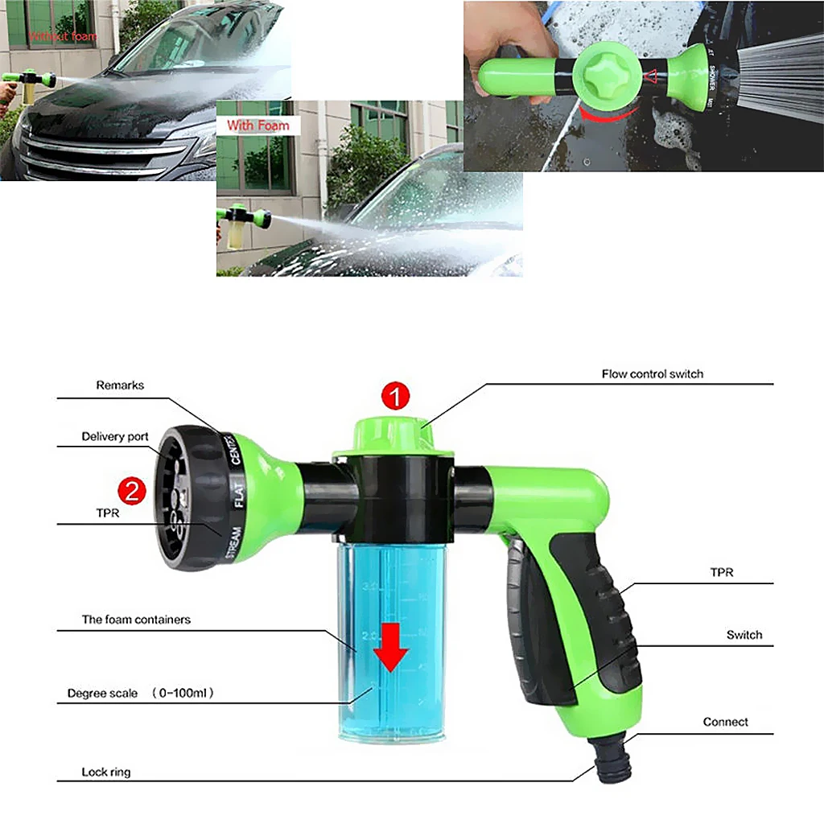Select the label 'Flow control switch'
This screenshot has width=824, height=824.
[x=652, y=374]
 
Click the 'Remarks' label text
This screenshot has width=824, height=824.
[x=120, y=385]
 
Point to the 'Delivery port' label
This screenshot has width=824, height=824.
[x=115, y=437]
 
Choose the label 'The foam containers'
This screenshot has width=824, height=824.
[x=136, y=620]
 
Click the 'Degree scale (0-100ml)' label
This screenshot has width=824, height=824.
[x=140, y=693]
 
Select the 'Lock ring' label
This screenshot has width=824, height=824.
[x=105, y=772]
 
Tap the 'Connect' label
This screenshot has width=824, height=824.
[x=725, y=722]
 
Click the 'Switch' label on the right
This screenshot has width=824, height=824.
[x=744, y=635]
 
